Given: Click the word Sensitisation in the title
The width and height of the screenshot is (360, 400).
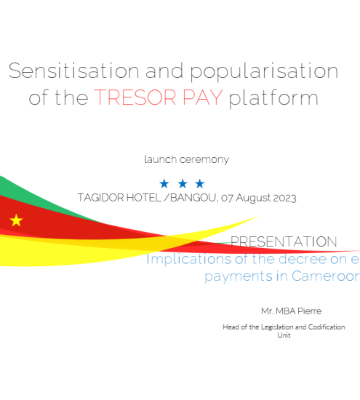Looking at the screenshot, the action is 74,71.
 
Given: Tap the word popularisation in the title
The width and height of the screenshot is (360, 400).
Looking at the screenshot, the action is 264,73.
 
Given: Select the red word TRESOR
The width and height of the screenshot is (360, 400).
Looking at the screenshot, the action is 135,97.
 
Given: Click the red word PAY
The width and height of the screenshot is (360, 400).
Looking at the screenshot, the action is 203,97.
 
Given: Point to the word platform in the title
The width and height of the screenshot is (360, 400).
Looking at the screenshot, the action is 273,98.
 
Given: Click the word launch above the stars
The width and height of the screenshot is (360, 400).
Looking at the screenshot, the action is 161,159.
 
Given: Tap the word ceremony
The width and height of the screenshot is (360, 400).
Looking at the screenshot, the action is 204,160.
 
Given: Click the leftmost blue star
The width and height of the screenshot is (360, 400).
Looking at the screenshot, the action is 164,183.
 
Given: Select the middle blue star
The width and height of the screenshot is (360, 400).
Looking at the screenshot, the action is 183,183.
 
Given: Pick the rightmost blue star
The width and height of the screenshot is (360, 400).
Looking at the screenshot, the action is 200,183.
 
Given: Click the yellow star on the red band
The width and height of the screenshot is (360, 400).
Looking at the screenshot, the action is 16,220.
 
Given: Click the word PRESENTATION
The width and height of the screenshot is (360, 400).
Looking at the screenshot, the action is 284,241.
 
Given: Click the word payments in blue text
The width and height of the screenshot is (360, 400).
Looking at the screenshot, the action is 239,276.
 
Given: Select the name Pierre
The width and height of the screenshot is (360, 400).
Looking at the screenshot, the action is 310,311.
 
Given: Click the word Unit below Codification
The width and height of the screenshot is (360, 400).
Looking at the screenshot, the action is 284,335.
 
